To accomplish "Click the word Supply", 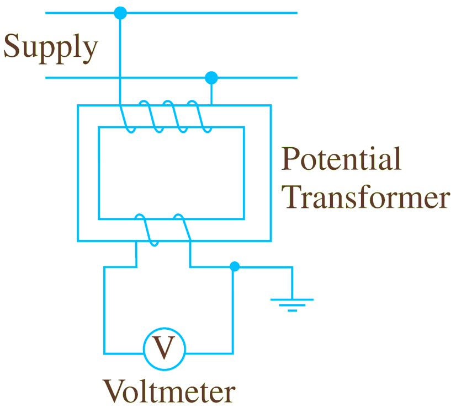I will point(50,48).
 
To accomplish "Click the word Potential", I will point(341,159).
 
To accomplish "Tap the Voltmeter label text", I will point(169,391).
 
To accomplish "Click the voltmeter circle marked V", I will point(164,347).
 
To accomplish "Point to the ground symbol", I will point(292,304).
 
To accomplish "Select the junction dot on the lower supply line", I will point(211,78).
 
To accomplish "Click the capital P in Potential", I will point(292,159).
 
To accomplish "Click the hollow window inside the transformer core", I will point(171,173).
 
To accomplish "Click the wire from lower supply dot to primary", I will point(211,92).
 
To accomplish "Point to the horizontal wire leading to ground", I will point(264,267).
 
